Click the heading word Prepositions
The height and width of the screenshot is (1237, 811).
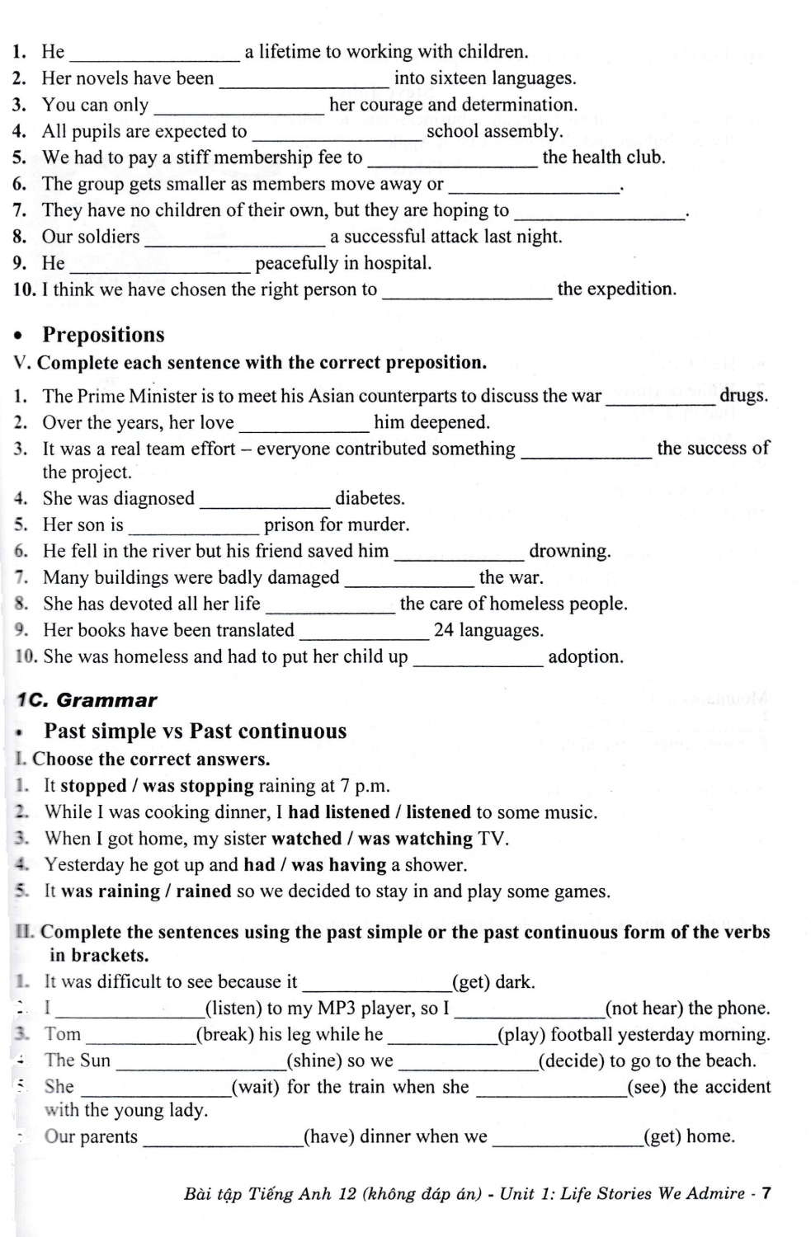(x=103, y=335)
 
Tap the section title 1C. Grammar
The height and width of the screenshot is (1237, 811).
(x=87, y=700)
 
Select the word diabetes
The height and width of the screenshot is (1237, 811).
(x=370, y=498)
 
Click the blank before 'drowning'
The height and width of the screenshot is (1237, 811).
(x=459, y=553)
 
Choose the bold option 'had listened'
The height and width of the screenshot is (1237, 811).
(x=338, y=812)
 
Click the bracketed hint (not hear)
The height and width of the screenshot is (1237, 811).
(x=644, y=1008)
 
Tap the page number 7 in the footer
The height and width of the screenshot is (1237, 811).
(x=766, y=1193)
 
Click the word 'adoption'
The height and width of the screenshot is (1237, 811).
(x=586, y=657)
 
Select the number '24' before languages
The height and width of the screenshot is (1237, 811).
(x=444, y=631)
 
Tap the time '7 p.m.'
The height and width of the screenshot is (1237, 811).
(x=365, y=786)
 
